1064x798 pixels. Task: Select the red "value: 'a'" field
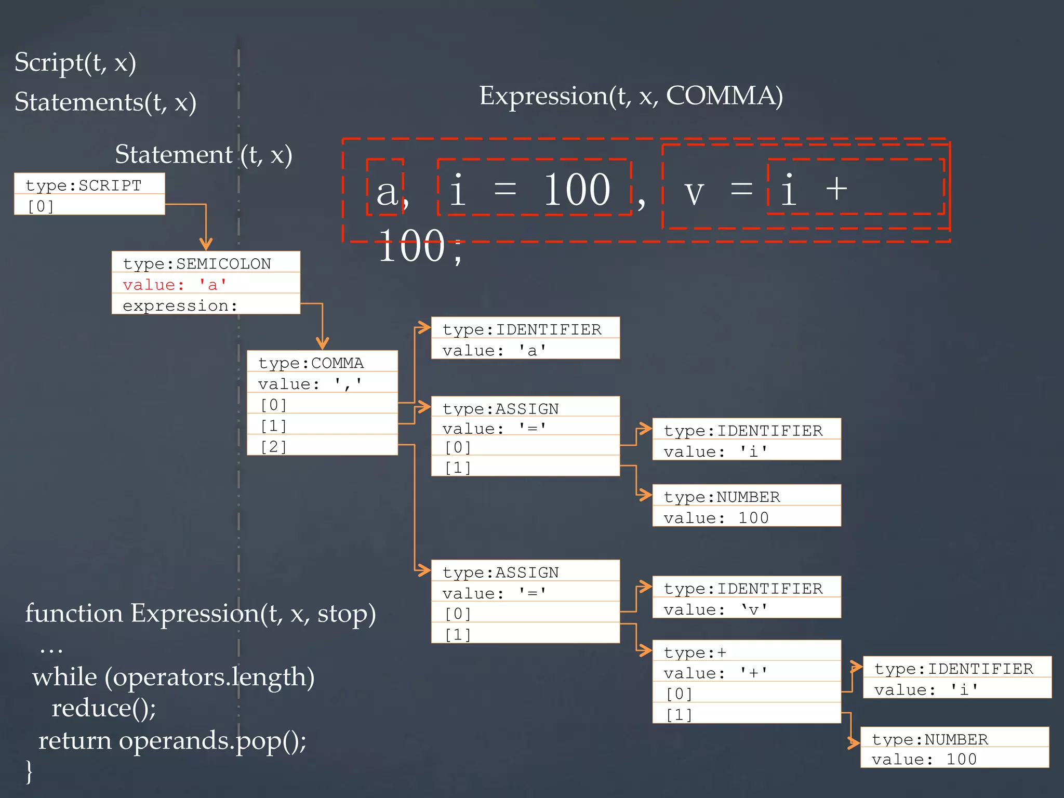pos(175,285)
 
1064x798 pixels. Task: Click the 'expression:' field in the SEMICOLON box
pos(180,305)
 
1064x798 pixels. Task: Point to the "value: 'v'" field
pos(715,609)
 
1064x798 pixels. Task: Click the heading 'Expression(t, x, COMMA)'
pos(631,96)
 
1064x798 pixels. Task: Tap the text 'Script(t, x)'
pos(75,62)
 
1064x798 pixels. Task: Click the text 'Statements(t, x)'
pos(105,102)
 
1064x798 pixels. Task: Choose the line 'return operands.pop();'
pos(172,740)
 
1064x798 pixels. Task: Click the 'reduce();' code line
pos(104,708)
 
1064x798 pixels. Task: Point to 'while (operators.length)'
pos(174,676)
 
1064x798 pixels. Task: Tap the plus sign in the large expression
pos(836,188)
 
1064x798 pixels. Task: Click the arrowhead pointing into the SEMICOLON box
pos(206,244)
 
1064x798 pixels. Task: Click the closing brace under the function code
pos(29,771)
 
